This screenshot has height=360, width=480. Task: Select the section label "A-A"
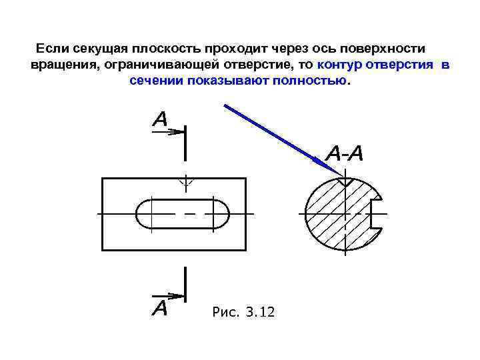point(345,154)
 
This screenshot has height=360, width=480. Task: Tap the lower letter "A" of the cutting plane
point(160,308)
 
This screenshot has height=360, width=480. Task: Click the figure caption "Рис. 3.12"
point(243,312)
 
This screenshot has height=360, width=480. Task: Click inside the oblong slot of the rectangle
point(183,214)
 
